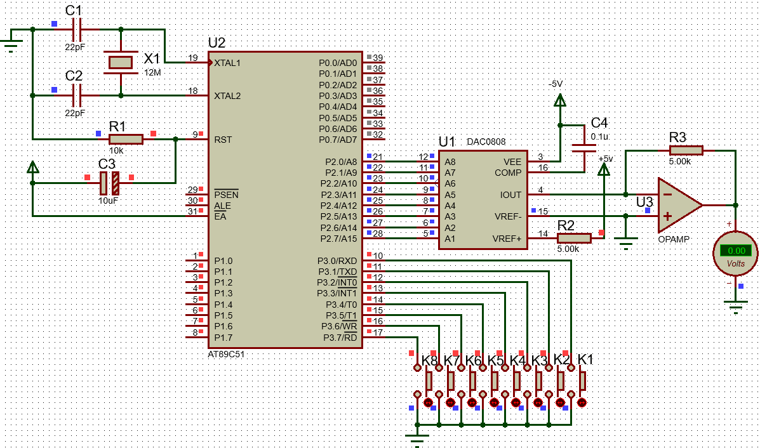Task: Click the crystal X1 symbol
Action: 121,62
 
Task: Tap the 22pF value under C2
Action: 75,113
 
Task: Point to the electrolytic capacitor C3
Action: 110,183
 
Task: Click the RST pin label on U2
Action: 223,140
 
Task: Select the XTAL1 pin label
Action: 228,63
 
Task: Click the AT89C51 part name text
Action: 226,354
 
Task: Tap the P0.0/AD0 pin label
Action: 338,63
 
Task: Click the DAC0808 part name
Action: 486,142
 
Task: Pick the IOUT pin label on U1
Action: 510,195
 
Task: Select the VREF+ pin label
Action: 507,239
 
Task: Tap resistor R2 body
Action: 574,238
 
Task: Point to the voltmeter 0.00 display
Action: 736,251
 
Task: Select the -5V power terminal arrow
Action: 559,100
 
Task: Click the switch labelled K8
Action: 429,380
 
